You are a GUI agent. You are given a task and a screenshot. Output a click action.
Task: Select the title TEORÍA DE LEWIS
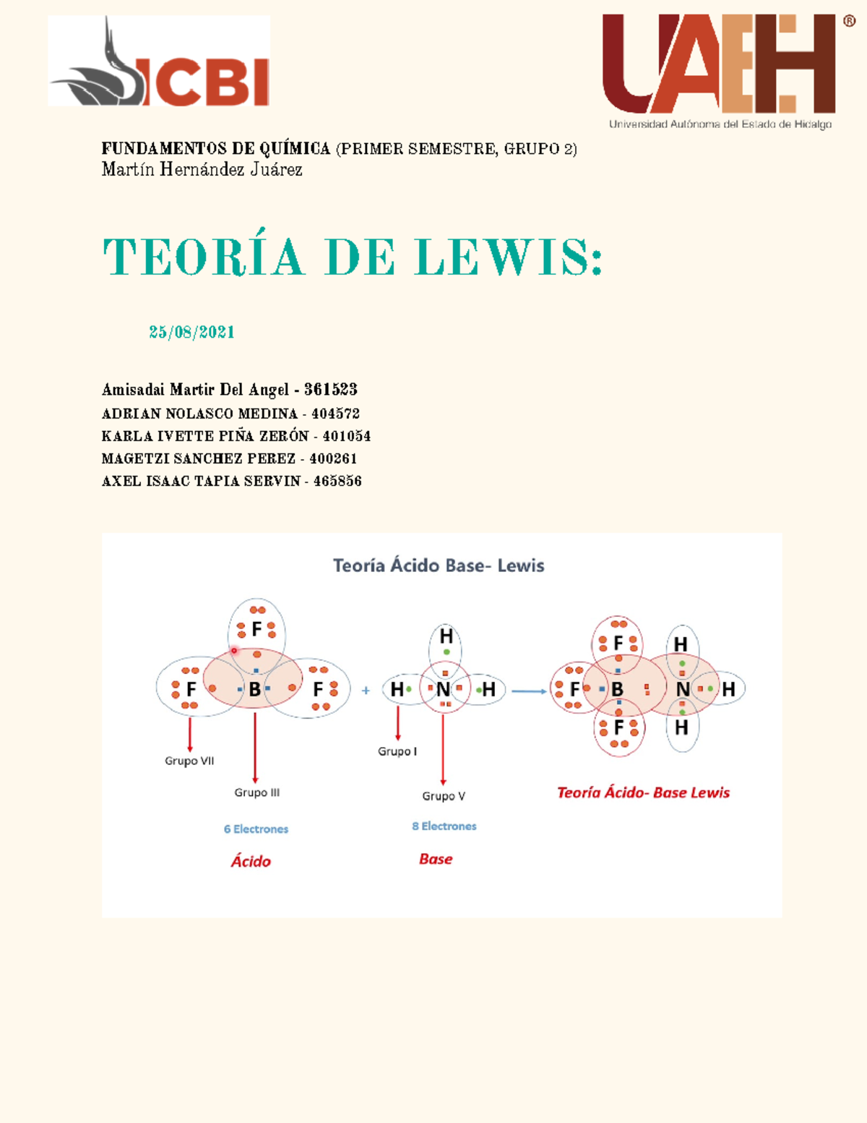coord(353,257)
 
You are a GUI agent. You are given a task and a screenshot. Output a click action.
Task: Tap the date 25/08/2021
coord(191,332)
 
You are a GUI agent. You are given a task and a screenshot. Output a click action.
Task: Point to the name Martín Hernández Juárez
coord(202,170)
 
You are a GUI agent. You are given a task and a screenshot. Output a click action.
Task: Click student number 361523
coord(331,390)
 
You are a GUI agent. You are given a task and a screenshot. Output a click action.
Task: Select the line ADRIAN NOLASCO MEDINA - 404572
coord(230,414)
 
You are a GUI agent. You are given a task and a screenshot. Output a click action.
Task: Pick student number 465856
coord(337,481)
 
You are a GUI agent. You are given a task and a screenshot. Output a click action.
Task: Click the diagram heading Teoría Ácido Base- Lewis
coord(439,565)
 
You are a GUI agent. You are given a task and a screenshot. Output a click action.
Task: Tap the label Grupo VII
coord(189,761)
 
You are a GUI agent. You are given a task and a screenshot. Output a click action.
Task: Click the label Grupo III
coord(256,793)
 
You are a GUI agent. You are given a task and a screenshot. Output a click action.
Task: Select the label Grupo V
coord(444,796)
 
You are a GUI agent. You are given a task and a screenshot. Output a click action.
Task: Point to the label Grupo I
coord(397,751)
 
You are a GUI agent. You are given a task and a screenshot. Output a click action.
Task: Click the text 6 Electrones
coord(256,829)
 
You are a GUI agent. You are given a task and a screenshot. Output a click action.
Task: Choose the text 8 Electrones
coord(444,826)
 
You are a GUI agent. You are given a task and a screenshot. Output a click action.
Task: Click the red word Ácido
coord(251,861)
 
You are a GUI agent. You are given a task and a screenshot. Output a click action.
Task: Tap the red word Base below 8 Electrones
coord(436,859)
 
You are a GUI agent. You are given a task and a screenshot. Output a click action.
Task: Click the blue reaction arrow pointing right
coord(529,691)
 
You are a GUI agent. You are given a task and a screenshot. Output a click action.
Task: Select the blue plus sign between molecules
coord(366,691)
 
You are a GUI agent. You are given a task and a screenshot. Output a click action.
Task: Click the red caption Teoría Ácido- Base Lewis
coord(643,793)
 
